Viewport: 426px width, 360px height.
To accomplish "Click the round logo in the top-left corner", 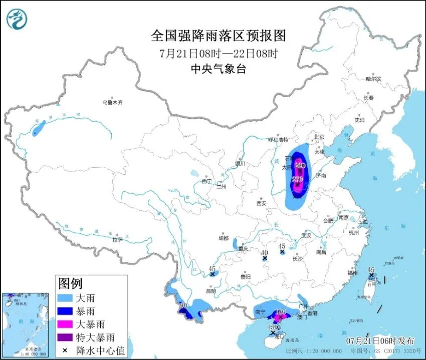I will click(x=17, y=19).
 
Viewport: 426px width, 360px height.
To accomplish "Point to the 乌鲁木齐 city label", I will click(x=112, y=102).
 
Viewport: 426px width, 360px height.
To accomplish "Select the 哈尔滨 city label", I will click(x=373, y=79).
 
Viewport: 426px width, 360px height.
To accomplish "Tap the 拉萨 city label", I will click(x=117, y=240).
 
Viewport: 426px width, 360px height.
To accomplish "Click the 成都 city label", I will click(x=223, y=238).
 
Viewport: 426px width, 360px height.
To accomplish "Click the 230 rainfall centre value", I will click(x=300, y=165).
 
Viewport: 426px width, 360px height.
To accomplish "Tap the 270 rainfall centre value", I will click(x=298, y=179).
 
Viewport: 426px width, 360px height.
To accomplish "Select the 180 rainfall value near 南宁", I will click(x=280, y=312).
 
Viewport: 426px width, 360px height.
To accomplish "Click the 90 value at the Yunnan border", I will click(x=183, y=305).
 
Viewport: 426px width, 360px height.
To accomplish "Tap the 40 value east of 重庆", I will click(x=265, y=253).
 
